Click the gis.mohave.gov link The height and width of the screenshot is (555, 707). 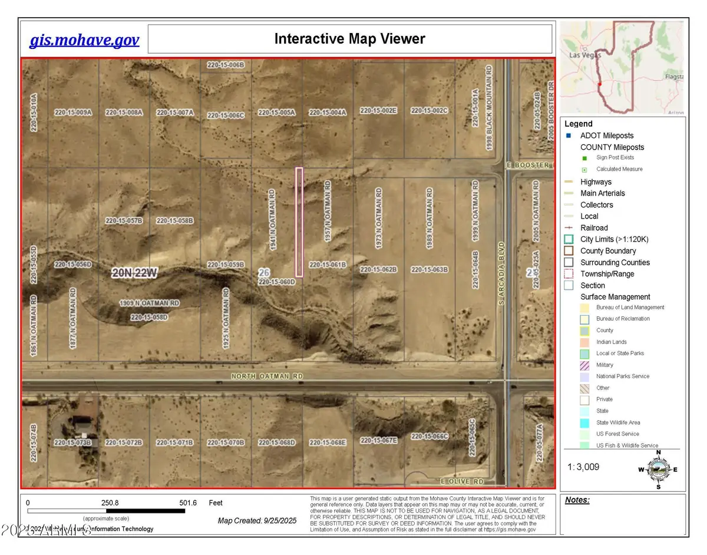click(84, 40)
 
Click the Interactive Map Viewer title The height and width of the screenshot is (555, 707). click(349, 39)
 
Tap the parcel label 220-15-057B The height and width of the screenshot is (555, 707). click(124, 221)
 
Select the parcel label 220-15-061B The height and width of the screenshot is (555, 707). click(328, 265)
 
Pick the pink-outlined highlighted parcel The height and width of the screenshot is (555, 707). click(299, 222)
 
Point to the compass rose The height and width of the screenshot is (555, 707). click(658, 469)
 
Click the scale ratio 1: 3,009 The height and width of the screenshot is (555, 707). click(584, 467)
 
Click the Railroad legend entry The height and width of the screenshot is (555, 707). click(594, 228)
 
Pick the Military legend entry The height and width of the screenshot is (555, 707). click(604, 365)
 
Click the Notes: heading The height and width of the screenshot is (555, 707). click(577, 500)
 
